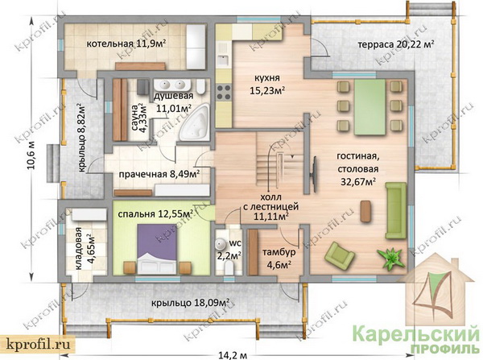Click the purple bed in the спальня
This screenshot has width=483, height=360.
tap(157, 249)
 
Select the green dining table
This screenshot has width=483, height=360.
tap(369, 107)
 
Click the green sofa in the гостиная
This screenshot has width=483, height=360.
tap(396, 210)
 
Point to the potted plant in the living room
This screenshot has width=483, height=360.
tap(390, 258)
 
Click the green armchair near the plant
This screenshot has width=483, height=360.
tap(339, 255)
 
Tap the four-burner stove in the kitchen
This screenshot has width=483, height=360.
tap(225, 92)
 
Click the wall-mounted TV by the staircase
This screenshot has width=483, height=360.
tap(315, 172)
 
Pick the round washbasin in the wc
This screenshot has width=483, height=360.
tap(221, 244)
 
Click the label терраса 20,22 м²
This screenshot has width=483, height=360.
tap(396, 44)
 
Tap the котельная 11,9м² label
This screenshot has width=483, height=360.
tap(126, 43)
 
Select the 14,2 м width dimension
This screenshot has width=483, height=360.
tap(233, 355)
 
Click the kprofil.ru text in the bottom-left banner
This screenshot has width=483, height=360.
tap(37, 344)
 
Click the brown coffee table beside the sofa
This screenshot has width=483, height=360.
tap(365, 212)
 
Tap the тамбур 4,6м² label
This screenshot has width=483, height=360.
tap(279, 258)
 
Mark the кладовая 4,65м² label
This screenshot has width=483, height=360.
tap(85, 248)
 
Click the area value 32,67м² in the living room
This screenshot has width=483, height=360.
tap(358, 182)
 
